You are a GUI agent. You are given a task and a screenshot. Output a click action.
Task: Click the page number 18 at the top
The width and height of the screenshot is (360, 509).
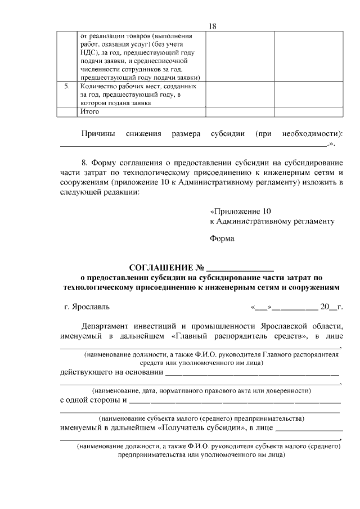(x=212, y=26)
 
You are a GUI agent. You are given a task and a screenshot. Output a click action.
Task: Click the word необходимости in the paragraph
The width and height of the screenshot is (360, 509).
(x=312, y=134)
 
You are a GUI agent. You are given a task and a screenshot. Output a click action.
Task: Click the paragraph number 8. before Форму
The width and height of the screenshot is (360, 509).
(x=85, y=163)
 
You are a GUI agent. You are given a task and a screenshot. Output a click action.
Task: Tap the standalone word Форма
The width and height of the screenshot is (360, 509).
(x=222, y=238)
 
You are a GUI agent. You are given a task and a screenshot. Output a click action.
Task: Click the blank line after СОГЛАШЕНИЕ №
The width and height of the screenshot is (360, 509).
(x=240, y=269)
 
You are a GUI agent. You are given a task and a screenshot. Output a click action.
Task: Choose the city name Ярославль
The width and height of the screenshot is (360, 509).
(x=91, y=307)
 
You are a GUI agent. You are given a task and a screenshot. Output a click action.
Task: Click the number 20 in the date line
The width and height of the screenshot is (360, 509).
(x=326, y=307)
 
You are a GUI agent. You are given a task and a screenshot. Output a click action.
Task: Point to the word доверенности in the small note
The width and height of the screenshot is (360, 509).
(x=289, y=390)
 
